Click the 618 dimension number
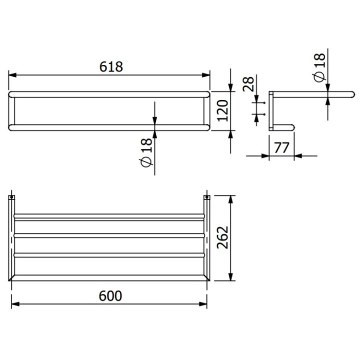pyautogui.click(x=111, y=66)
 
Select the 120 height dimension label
pyautogui.click(x=223, y=110)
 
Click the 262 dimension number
pyautogui.click(x=222, y=238)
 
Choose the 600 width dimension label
pyautogui.click(x=110, y=296)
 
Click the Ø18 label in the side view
pyautogui.click(x=319, y=68)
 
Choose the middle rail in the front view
pyautogui.click(x=109, y=235)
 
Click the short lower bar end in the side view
pyautogui.click(x=291, y=127)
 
